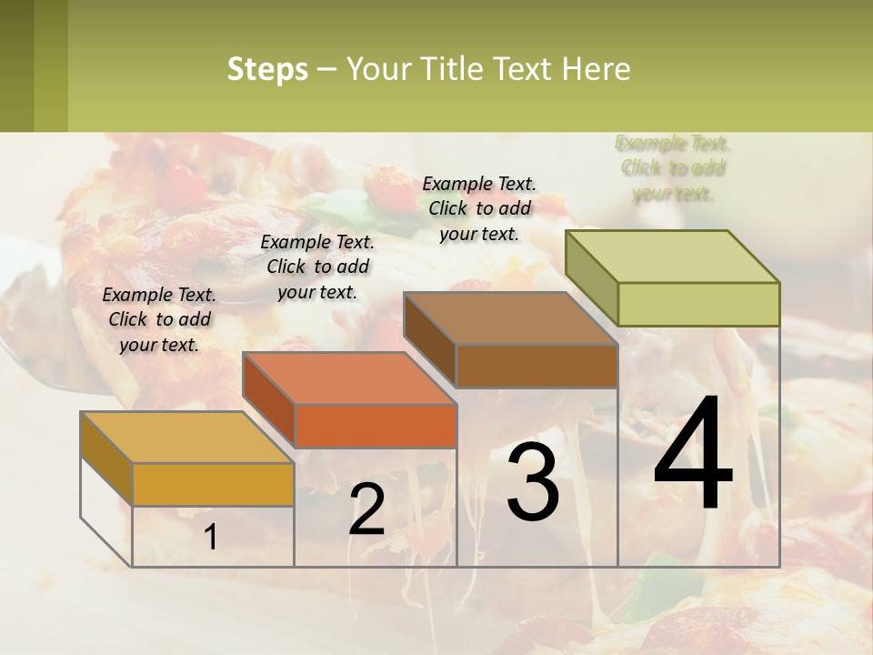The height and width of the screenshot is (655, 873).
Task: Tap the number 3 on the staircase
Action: pyautogui.click(x=532, y=481)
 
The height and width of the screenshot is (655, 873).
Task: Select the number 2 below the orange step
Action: pyautogui.click(x=366, y=509)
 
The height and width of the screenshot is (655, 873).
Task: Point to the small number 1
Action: pyautogui.click(x=210, y=537)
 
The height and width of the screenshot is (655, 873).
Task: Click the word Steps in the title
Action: pyautogui.click(x=267, y=69)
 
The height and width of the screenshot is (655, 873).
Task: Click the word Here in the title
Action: pyautogui.click(x=596, y=69)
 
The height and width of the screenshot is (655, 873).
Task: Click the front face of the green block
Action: pyautogui.click(x=698, y=304)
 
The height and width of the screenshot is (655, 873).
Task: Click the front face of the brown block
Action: pyautogui.click(x=537, y=366)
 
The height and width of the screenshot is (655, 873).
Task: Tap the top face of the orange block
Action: pyautogui.click(x=349, y=378)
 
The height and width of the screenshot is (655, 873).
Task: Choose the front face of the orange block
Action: pyautogui.click(x=375, y=426)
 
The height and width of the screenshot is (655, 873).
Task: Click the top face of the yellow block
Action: pyautogui.click(x=187, y=438)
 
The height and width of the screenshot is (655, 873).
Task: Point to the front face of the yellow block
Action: pyautogui.click(x=213, y=484)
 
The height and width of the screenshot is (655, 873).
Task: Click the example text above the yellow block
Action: pyautogui.click(x=159, y=319)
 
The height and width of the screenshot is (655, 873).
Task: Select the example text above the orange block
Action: pyautogui.click(x=317, y=267)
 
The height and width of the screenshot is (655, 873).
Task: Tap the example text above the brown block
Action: pyautogui.click(x=479, y=208)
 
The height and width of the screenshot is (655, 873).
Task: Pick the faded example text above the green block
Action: pyautogui.click(x=673, y=168)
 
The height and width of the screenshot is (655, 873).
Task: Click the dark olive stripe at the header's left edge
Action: pyautogui.click(x=16, y=65)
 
